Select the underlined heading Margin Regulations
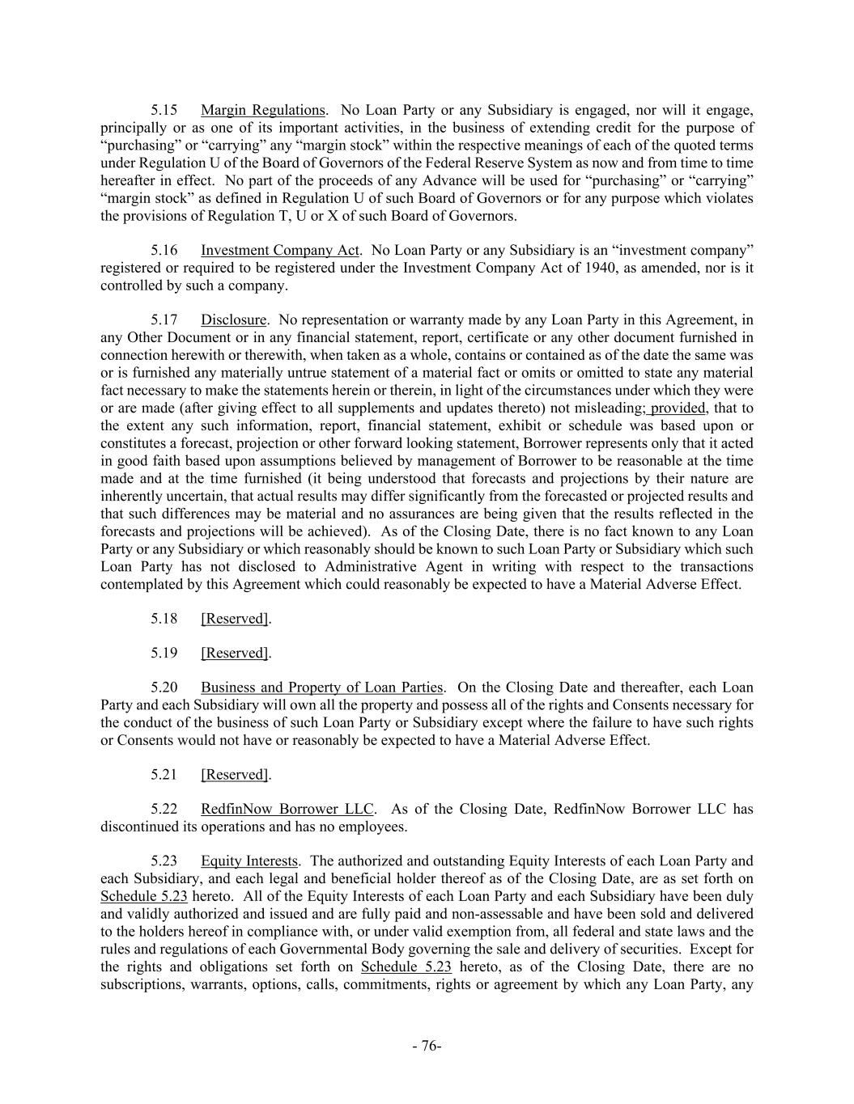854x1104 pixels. (x=262, y=110)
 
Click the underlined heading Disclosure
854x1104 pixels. (x=233, y=320)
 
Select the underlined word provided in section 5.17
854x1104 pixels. (x=678, y=408)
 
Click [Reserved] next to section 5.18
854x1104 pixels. (x=235, y=619)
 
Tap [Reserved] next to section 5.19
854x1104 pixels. (x=235, y=654)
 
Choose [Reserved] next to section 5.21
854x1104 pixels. (x=235, y=775)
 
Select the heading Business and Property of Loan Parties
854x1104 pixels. (x=321, y=688)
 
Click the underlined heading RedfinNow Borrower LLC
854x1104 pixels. (x=287, y=810)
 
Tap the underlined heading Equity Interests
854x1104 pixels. (x=249, y=861)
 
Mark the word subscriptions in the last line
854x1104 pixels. (x=140, y=985)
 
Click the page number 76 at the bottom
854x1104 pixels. (x=427, y=1047)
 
